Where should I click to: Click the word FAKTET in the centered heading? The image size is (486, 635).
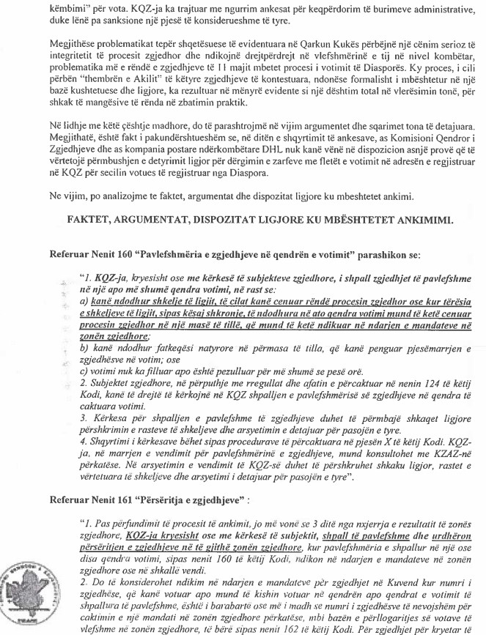point(92,220)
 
